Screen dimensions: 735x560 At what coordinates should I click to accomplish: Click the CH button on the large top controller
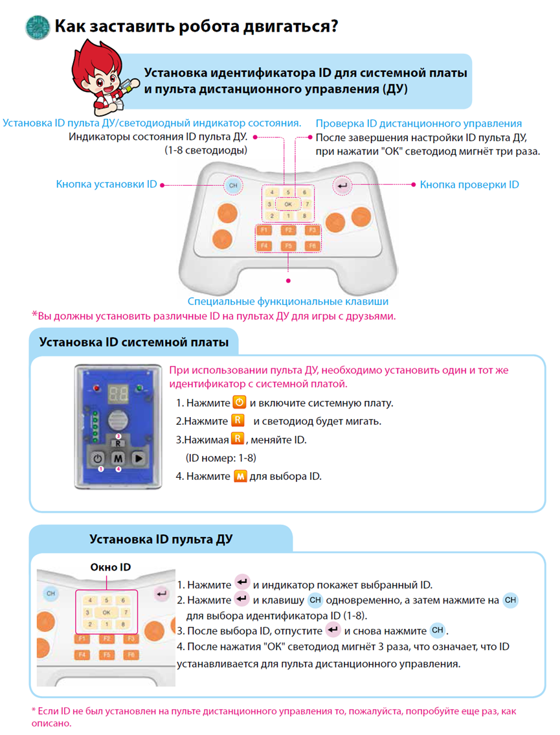pos(233,186)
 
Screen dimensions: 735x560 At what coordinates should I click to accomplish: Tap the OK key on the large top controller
pos(289,204)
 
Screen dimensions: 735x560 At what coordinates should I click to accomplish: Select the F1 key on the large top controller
pos(263,230)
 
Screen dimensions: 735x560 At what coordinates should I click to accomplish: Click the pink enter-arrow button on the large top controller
pos(342,187)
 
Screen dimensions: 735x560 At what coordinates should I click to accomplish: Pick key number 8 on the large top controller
pos(304,216)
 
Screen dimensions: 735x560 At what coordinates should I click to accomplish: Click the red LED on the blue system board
pos(96,389)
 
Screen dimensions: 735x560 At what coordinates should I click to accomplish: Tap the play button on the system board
pos(138,457)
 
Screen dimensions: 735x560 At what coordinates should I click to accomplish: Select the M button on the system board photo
pos(118,458)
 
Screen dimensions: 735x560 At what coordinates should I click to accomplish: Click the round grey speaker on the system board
pos(118,418)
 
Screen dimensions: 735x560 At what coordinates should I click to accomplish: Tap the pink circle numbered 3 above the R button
pos(118,436)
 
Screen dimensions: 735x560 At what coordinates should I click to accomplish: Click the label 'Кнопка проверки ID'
pos(469,185)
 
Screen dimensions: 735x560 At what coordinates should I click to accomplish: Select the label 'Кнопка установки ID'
pos(106,185)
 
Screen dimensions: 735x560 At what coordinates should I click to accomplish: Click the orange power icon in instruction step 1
pos(238,403)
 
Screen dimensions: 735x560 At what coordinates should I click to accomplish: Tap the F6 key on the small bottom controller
pos(131,655)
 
